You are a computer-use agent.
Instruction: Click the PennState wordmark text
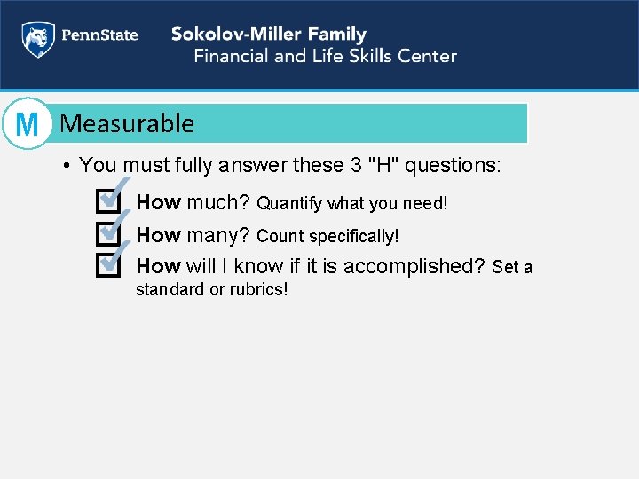(99, 36)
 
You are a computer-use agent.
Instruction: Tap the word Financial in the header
(232, 56)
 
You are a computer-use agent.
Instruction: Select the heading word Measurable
(127, 123)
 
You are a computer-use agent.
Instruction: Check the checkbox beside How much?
(106, 202)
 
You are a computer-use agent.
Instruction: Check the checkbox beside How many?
(106, 234)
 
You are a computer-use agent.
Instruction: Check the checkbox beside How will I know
(106, 264)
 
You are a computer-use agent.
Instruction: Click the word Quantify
(289, 204)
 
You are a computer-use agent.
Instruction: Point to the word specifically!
(354, 237)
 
